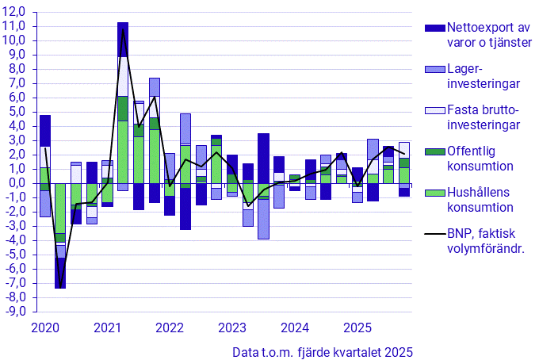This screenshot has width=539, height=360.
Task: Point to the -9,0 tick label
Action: click(x=14, y=311)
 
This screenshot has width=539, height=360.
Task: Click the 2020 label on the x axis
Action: click(x=44, y=327)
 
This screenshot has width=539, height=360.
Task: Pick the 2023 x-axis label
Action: click(x=231, y=327)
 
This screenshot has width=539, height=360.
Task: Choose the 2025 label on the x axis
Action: click(x=357, y=327)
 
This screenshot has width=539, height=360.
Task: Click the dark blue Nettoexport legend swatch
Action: click(x=435, y=28)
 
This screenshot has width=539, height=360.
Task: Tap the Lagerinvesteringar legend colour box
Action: click(x=435, y=70)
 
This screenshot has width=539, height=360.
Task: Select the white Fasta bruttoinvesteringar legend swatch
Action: click(x=435, y=110)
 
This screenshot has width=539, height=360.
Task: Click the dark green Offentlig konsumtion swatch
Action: click(x=435, y=151)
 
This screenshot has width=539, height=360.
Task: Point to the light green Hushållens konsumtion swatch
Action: click(x=435, y=193)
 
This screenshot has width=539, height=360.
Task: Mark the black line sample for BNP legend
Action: click(x=435, y=234)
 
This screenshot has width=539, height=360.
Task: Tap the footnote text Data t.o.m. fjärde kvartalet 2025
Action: click(x=323, y=351)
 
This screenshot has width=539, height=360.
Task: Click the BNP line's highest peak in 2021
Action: click(x=123, y=30)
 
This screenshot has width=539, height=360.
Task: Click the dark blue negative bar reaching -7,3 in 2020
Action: click(x=60, y=274)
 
